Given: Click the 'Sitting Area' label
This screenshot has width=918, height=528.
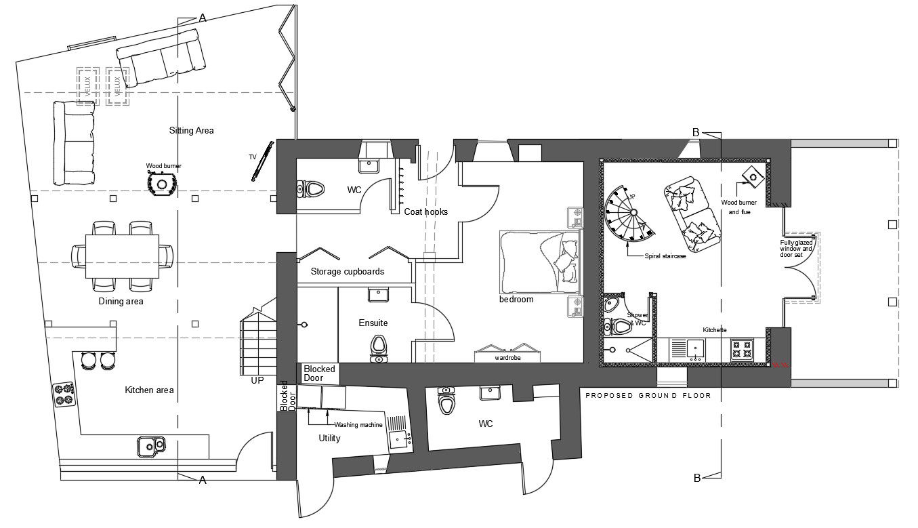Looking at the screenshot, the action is pos(191,130).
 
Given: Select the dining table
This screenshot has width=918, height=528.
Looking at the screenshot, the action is pos(123,256).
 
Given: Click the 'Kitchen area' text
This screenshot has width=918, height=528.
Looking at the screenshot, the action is pos(149,390).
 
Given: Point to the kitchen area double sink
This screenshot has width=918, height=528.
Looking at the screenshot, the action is pos(151,445).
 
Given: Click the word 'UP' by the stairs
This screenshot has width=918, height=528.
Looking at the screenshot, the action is pos(257,381).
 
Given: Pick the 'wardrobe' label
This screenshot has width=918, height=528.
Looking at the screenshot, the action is pos(507,357).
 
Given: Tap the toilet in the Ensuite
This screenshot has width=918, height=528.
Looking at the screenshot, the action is pos(379,346).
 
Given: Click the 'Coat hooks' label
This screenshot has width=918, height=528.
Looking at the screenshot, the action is pos(425,212).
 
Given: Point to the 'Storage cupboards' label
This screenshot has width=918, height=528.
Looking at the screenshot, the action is pos(347,271).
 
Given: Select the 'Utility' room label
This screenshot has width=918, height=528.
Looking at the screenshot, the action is pos(329,439).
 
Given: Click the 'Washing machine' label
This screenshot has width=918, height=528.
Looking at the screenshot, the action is pos(358,425).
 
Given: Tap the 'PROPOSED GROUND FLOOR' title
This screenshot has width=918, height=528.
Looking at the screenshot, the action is pos(648,395).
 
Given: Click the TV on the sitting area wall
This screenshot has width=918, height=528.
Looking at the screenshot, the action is pos(263,161).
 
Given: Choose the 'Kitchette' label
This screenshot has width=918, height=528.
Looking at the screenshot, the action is pos(715,330).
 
